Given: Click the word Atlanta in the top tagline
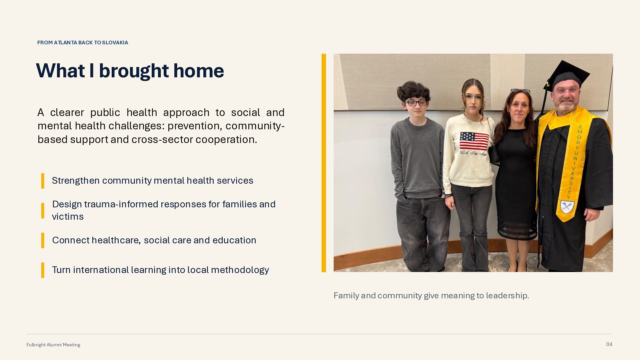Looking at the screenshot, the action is [65, 43].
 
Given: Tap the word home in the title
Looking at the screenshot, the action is [199, 71].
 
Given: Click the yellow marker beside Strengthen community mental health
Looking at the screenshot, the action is [43, 181].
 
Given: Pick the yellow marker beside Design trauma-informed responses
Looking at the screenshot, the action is [43, 211].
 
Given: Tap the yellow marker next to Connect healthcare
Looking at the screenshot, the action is [43, 240].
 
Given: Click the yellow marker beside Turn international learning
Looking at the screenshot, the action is [43, 270].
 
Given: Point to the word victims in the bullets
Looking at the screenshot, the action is [68, 217].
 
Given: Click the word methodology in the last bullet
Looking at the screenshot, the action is [240, 270].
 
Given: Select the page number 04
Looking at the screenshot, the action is [609, 344].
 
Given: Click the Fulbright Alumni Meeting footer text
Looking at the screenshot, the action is [53, 345].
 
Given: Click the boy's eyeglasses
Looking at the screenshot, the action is [416, 103].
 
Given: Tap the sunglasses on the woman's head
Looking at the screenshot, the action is [520, 91].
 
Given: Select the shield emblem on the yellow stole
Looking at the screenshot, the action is [566, 207].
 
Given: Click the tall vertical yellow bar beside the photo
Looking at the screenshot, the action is [324, 163].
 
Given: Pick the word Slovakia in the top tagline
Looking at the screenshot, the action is [115, 43].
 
